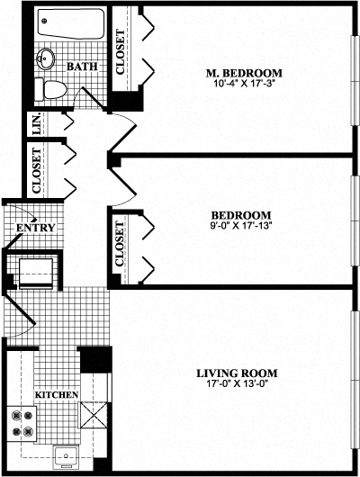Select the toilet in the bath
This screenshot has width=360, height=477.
pyautogui.click(x=52, y=88)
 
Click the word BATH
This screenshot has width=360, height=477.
pyautogui.click(x=82, y=66)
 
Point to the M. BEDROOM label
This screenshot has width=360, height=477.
pyautogui.click(x=243, y=73)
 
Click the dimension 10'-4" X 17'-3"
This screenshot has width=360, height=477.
pyautogui.click(x=243, y=85)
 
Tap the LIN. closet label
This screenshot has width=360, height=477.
pyautogui.click(x=37, y=125)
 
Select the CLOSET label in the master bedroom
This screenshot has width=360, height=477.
pyautogui.click(x=121, y=50)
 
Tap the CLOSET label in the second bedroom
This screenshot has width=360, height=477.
pyautogui.click(x=121, y=245)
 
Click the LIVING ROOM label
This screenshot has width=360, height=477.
pyautogui.click(x=236, y=373)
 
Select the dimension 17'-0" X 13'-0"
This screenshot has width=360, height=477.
pyautogui.click(x=236, y=385)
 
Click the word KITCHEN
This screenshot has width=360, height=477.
pyautogui.click(x=57, y=395)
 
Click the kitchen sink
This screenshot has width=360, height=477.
pyautogui.click(x=65, y=456)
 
